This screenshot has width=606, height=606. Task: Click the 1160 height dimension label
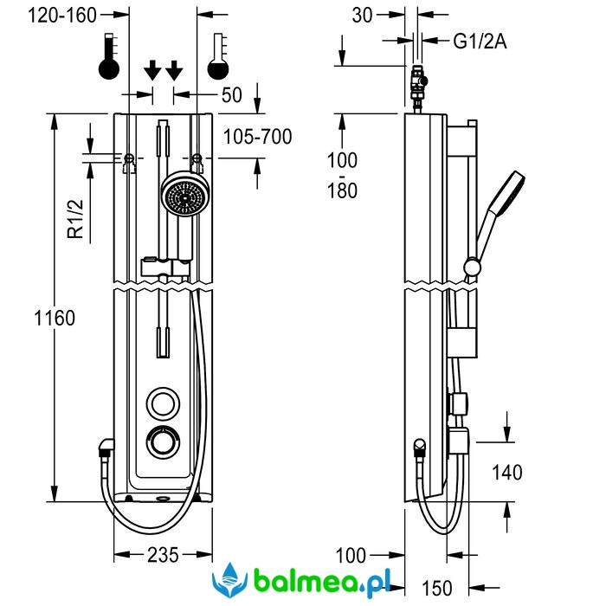pos(55,318)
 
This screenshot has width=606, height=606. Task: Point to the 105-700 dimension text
pos(257,137)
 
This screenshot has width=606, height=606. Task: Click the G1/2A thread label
pos(480,40)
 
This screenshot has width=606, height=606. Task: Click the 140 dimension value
pos(506,472)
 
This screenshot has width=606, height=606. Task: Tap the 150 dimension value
pos(437,589)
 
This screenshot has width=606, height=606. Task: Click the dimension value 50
pos(231,95)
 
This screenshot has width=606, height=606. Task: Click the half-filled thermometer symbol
pos(219,57)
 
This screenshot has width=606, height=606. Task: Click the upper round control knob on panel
pos(160,403)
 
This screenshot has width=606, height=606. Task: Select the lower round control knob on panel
pos(160,442)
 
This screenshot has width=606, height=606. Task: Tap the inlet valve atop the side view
pos(418,86)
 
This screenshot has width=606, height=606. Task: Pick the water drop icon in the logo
pos(231,577)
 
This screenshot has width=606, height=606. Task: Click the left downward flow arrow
pos(152,70)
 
